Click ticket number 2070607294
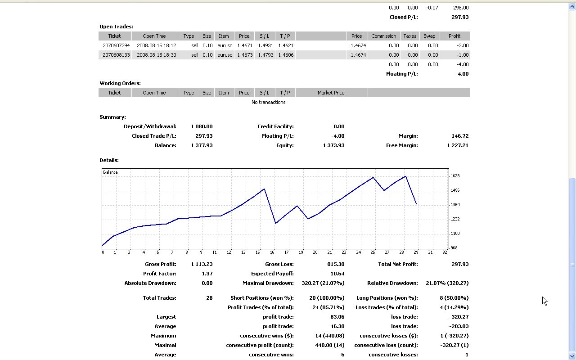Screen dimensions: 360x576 pyautogui.click(x=116, y=45)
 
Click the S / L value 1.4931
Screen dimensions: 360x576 pyautogui.click(x=264, y=45)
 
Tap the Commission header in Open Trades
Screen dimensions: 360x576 pyautogui.click(x=383, y=36)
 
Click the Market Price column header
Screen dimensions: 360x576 pyautogui.click(x=331, y=93)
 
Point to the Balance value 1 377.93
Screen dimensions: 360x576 pyautogui.click(x=201, y=145)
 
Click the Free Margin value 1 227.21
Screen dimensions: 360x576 pyautogui.click(x=458, y=145)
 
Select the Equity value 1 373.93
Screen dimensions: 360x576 pyautogui.click(x=333, y=145)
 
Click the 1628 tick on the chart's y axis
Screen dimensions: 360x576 pyautogui.click(x=455, y=176)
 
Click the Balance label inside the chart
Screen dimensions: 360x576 pyautogui.click(x=110, y=172)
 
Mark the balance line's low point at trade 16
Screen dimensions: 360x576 pyautogui.click(x=275, y=223)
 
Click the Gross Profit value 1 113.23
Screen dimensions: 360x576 pyautogui.click(x=201, y=264)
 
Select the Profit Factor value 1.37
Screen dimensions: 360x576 pyautogui.click(x=207, y=274)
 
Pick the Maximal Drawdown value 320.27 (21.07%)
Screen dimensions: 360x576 pyautogui.click(x=319, y=283)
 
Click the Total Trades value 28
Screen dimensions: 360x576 pyautogui.click(x=209, y=298)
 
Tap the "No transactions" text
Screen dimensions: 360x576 pyautogui.click(x=268, y=102)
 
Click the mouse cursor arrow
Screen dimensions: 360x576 pyautogui.click(x=544, y=301)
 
